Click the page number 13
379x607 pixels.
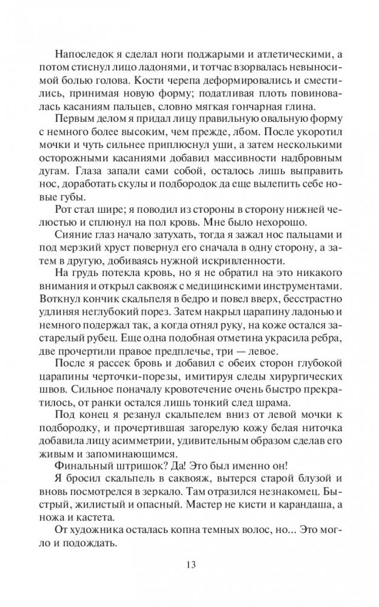click(189, 566)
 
